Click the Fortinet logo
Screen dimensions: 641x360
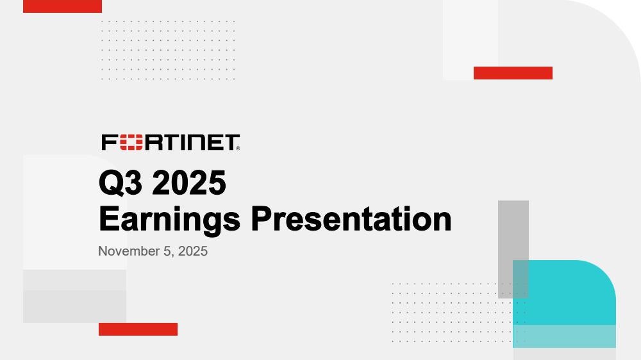[x=171, y=142]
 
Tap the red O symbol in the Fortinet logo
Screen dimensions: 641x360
[x=131, y=142]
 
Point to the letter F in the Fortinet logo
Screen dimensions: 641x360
[x=110, y=142]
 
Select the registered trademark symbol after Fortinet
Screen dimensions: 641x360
[x=238, y=149]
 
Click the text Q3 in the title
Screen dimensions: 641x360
[x=121, y=183]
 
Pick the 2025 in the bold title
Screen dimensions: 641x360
[x=189, y=183]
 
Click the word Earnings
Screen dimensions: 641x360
[x=170, y=220]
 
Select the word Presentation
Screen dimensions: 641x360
[x=351, y=219]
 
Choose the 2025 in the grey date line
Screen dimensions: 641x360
[x=193, y=251]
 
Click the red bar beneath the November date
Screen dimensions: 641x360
[x=138, y=329]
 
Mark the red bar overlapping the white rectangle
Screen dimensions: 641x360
[x=513, y=73]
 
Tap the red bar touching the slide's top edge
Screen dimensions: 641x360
[x=62, y=6]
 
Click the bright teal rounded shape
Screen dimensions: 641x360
[x=564, y=293]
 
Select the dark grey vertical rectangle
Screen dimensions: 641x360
[x=513, y=249]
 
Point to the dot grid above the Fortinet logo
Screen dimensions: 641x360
[x=168, y=50]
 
